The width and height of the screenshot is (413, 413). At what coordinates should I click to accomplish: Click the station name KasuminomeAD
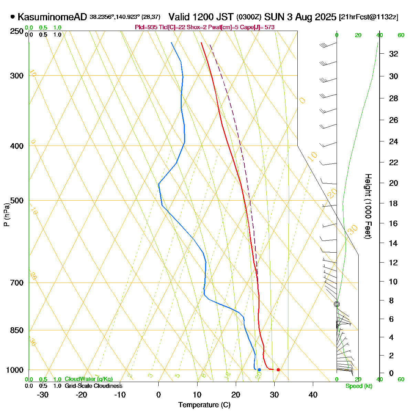pos(52,17)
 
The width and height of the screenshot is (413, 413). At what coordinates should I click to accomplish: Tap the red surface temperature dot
pos(278,370)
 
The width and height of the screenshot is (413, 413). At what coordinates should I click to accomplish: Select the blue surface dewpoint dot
pos(259,370)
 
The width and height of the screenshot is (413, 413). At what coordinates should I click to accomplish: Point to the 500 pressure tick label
pos(17,201)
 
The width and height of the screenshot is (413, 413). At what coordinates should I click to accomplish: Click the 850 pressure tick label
pos(17,330)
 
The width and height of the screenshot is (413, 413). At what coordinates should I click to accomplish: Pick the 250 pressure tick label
pos(17,32)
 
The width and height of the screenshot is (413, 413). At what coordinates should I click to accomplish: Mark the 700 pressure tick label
pos(17,283)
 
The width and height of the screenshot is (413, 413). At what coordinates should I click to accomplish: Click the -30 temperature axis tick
pos(43,394)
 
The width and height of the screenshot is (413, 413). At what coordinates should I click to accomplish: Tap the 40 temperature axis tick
pos(313,394)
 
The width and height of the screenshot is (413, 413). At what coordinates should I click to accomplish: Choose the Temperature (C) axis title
pos(204,405)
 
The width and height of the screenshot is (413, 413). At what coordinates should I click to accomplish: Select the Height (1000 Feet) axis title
pos(368,206)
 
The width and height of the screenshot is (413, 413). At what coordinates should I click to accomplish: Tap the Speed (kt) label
pos(359,386)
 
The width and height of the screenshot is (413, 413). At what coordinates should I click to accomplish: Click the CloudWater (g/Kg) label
pos(88,379)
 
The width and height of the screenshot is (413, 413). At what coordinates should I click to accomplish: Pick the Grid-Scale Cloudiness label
pos(93,386)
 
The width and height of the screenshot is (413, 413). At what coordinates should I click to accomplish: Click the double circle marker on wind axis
pos(337,304)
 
